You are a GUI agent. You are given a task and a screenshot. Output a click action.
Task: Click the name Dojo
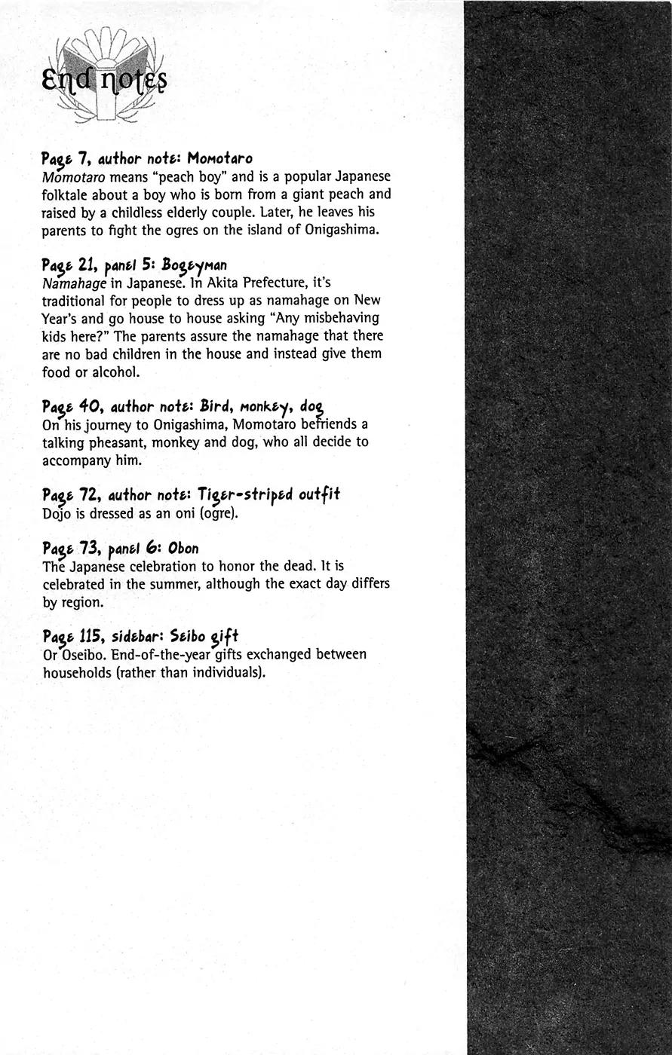57,514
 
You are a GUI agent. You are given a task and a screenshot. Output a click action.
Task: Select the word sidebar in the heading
137,636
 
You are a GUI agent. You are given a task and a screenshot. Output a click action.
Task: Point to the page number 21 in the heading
90,265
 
